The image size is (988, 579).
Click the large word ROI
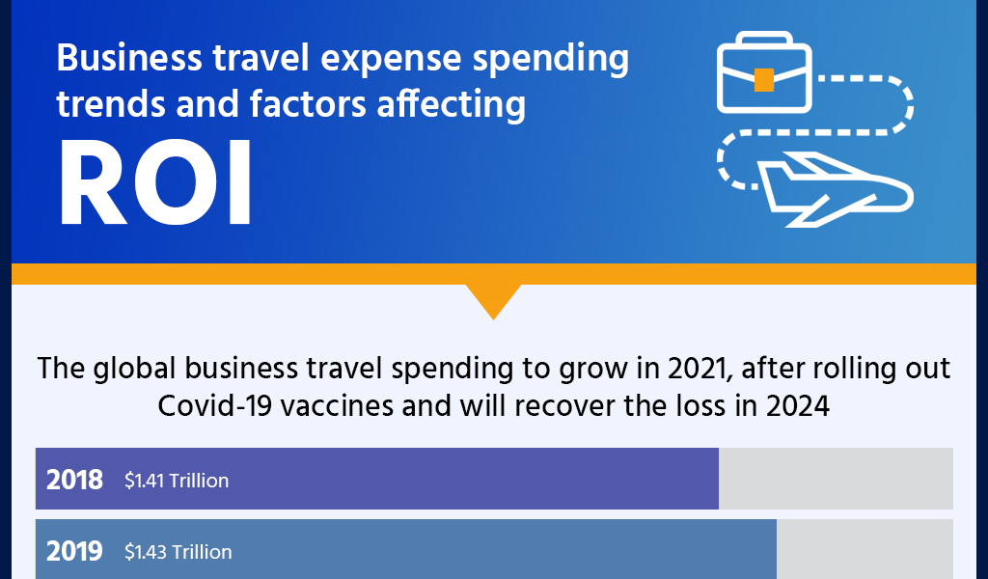pos(154,183)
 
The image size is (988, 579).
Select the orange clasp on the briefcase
pos(763,80)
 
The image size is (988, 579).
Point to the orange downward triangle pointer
pos(493,300)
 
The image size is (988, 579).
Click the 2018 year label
pos(74,480)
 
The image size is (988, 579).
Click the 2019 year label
pos(74,551)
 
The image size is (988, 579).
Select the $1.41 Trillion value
pos(177,481)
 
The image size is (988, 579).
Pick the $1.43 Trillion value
pos(178,552)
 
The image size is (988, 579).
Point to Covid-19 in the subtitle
pos(206,405)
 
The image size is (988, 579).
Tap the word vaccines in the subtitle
pos(323,405)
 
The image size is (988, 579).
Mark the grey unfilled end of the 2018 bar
pos(836,479)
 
